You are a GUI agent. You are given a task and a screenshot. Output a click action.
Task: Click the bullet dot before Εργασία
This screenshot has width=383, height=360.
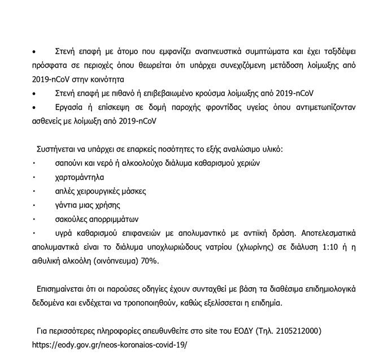pos(34,106)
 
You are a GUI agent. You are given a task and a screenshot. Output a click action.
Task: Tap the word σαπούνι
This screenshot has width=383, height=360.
pos(71,163)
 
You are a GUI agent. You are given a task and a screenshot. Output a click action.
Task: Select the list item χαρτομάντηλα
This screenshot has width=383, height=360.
pos(80,177)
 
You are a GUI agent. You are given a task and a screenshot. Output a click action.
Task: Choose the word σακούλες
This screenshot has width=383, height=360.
pos(73,219)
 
